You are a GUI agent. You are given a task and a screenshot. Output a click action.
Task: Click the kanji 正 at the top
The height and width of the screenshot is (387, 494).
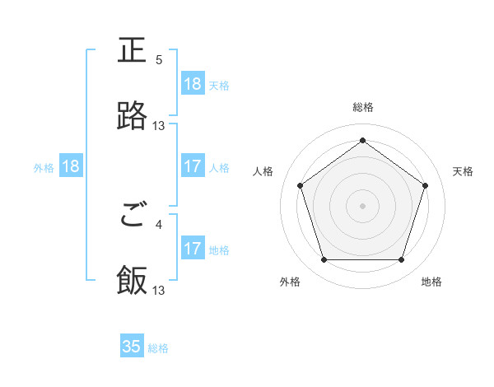click(132, 51)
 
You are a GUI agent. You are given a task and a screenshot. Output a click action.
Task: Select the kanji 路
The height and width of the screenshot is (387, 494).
click(132, 116)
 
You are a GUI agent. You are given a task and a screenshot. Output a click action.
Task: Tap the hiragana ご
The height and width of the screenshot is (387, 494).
click(132, 217)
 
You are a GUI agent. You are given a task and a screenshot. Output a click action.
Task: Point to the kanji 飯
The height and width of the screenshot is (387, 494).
click(132, 281)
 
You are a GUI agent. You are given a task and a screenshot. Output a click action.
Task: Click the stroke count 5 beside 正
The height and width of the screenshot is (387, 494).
click(159, 60)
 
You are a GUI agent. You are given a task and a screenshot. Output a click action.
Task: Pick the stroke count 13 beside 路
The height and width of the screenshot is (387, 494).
click(159, 126)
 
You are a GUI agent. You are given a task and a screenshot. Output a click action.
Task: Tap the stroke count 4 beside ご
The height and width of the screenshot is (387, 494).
click(159, 223)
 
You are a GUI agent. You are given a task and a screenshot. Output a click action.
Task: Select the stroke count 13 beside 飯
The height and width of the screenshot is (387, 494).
click(159, 291)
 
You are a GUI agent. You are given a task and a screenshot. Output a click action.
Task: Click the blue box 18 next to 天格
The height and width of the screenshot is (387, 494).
click(192, 84)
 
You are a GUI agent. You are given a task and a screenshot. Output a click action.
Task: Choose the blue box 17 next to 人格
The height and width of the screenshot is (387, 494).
click(192, 166)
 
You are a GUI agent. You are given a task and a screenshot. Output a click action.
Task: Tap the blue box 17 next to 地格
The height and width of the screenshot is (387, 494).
click(192, 249)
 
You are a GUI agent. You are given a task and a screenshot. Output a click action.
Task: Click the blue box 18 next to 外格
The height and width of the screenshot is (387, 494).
click(71, 166)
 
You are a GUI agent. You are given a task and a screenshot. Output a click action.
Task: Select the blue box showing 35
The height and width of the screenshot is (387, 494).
click(132, 347)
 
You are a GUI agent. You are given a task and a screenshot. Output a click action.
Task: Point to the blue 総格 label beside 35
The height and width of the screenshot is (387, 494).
click(158, 348)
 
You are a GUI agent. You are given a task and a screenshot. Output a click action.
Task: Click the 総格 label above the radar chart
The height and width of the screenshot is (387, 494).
click(363, 108)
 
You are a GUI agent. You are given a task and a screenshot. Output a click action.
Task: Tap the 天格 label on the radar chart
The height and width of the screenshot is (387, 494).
click(464, 171)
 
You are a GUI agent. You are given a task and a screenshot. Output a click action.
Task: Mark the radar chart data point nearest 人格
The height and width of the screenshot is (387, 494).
click(301, 186)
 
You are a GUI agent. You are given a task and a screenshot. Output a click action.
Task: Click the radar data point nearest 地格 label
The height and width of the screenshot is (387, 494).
click(401, 260)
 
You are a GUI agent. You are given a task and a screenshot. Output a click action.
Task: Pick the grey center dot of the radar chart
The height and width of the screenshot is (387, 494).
click(363, 205)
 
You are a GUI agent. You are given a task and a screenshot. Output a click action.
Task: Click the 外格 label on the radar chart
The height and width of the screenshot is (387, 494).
click(290, 282)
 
